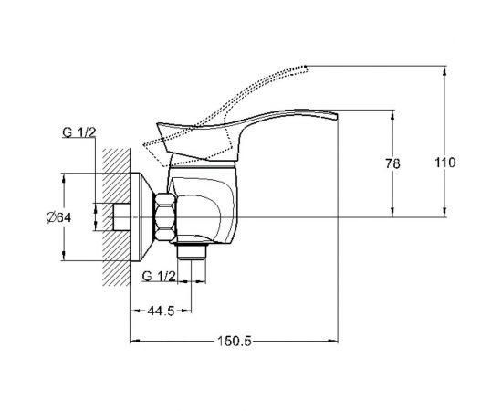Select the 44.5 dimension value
pyautogui.click(x=161, y=311)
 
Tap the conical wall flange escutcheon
pyautogui.click(x=141, y=216)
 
